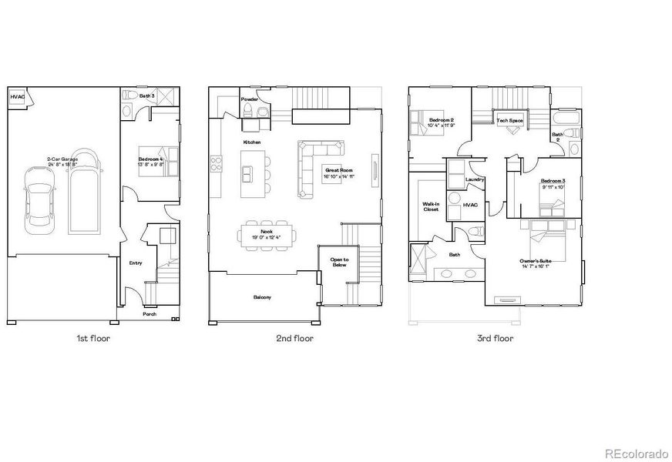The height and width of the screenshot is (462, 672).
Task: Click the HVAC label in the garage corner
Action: pos(17,97)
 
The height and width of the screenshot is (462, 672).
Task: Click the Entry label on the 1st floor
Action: pos(136,263)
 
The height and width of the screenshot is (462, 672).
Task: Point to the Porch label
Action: pos(151,314)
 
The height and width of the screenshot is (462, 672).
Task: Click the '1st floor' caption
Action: pos(93,338)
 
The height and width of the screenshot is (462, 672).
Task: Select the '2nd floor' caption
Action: pos(295,338)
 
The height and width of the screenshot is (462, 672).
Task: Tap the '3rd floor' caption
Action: pos(495,338)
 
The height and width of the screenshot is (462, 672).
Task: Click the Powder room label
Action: pos(249,99)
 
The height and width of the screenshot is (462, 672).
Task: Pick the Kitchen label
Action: pos(252,143)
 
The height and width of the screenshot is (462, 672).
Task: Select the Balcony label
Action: pos(262,297)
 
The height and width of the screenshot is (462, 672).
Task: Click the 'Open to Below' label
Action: pos(339,263)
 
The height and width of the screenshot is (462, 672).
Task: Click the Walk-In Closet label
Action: pos(431,206)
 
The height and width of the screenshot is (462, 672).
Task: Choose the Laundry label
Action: pos(475,179)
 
